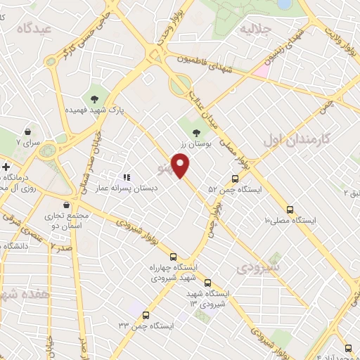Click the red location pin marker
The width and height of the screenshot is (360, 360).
(x=181, y=165)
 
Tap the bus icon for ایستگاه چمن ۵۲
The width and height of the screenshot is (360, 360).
(x=236, y=178)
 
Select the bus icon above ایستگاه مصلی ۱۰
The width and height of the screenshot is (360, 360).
(x=290, y=210)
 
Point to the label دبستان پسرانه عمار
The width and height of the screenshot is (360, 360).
(x=132, y=188)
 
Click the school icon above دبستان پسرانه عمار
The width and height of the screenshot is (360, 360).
(x=127, y=177)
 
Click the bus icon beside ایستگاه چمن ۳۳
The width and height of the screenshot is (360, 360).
(x=146, y=314)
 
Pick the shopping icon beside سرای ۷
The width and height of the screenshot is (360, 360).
(x=27, y=131)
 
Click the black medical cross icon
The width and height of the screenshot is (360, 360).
(x=6, y=167)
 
